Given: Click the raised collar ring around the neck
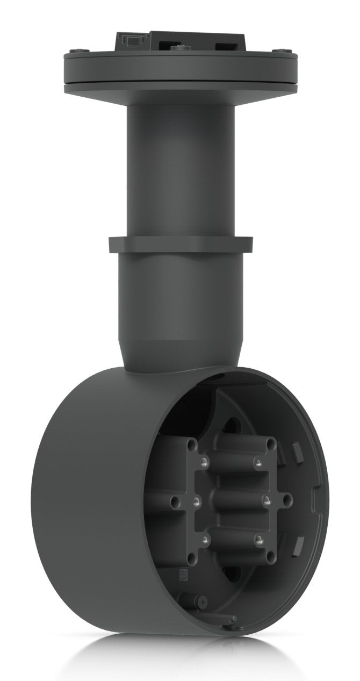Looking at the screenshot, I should pyautogui.click(x=181, y=245).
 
